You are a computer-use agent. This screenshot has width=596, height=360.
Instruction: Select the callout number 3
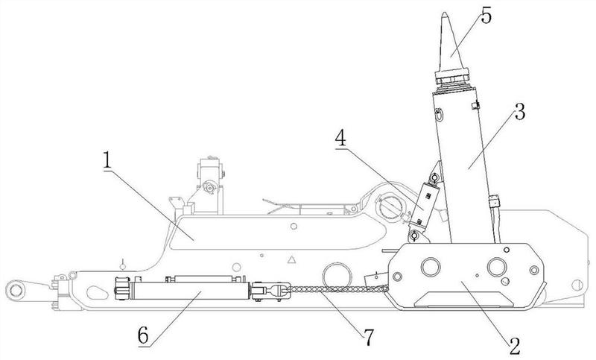click(x=519, y=114)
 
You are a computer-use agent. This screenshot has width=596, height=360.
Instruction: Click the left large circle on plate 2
click(x=431, y=266)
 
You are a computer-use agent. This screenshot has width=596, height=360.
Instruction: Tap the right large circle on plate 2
click(x=497, y=266)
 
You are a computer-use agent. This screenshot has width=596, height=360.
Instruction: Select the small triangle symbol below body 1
click(x=292, y=262)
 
